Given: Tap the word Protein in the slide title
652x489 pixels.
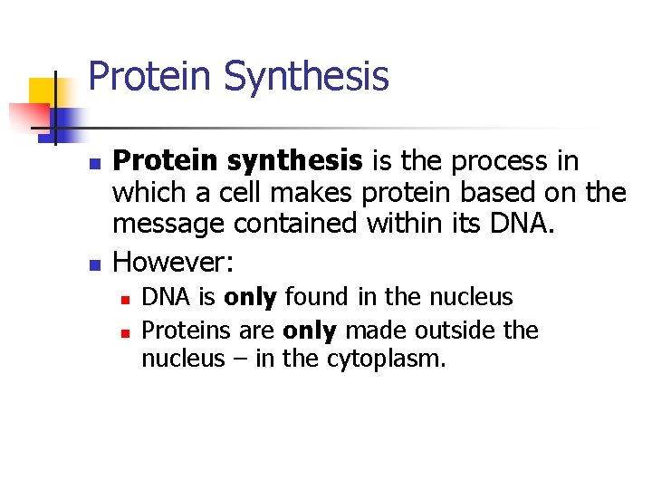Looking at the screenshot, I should click(150, 76).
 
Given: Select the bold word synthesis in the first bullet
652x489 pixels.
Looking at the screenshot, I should click(295, 161).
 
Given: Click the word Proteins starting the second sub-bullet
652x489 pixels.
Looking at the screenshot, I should click(177, 330).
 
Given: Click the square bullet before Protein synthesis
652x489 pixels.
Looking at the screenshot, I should click(93, 164).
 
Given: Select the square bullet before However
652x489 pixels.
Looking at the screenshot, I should click(93, 264).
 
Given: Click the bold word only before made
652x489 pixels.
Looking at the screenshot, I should click(311, 330).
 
